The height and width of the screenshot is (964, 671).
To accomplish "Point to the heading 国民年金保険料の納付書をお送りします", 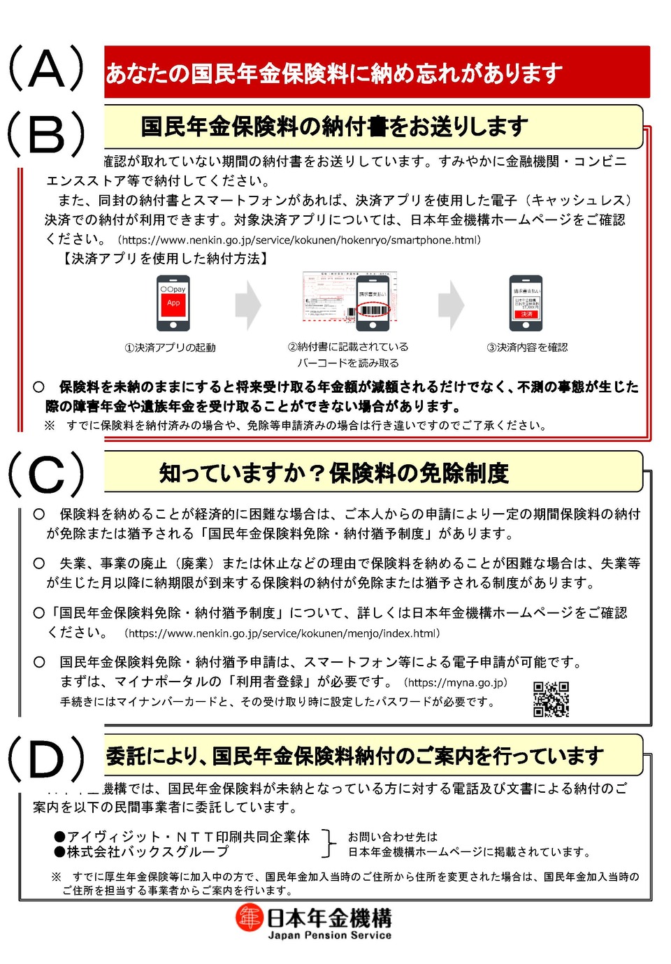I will point(334,127).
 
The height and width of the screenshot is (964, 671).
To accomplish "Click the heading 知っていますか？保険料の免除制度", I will point(334,473).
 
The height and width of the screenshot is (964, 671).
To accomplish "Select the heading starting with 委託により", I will point(355,756).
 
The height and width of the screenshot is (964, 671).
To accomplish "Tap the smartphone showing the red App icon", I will point(173,303).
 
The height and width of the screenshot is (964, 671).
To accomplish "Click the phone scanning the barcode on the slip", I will point(373,302).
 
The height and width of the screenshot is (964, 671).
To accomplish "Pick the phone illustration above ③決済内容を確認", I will point(526,303).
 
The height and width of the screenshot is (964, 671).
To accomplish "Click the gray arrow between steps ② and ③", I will point(451,305).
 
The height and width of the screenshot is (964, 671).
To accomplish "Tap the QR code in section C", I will point(551,699).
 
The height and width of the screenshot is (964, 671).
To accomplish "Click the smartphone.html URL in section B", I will point(299,240).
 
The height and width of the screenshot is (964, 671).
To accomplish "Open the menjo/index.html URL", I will point(282,633).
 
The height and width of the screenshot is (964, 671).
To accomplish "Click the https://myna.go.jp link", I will point(456,682).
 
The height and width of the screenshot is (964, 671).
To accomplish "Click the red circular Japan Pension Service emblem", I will point(249,918).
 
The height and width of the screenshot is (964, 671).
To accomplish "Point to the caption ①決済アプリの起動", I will point(170,347).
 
